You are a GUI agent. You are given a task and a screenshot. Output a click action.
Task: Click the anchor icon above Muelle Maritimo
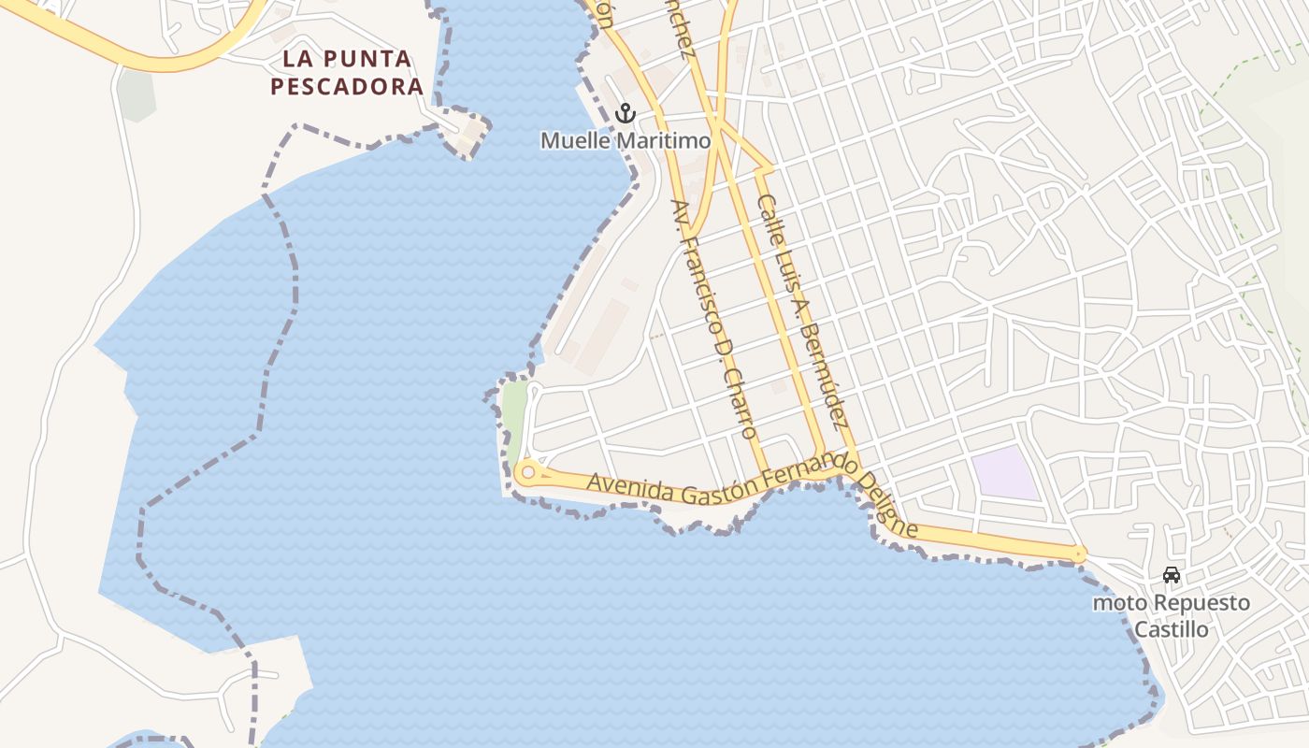click(626, 114)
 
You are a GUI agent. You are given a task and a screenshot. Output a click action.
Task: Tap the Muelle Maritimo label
click(626, 140)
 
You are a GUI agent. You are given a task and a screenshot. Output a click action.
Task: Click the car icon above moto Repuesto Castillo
click(1171, 575)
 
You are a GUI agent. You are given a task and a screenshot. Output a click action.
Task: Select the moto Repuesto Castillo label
click(1171, 615)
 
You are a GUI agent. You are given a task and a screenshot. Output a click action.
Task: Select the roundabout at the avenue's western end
click(528, 473)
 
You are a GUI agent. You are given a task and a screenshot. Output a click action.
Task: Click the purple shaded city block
click(1004, 472)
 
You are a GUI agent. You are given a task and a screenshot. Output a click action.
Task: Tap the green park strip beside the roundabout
click(513, 415)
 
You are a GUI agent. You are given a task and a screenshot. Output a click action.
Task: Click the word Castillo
click(1171, 629)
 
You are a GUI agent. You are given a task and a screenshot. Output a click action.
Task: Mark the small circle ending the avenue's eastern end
click(1079, 555)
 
